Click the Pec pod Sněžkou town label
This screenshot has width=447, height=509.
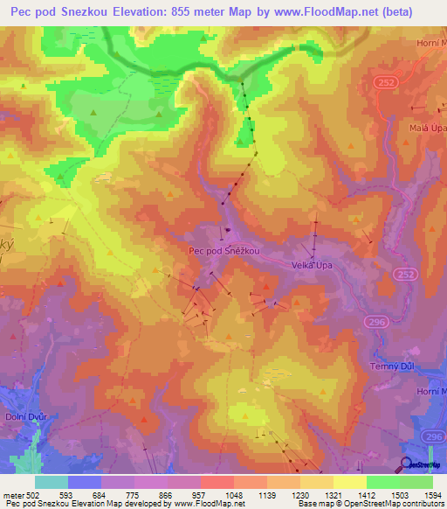tap(224, 249)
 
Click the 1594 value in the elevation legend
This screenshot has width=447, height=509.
tap(420, 496)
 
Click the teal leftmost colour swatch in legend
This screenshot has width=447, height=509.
tap(52, 482)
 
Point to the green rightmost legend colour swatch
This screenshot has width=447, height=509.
tap(416, 482)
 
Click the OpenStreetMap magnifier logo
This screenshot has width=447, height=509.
tap(406, 464)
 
